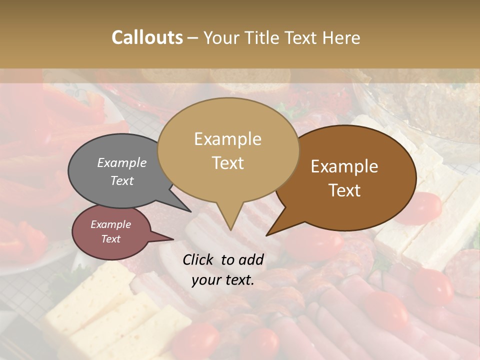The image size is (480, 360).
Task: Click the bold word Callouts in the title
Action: pyautogui.click(x=147, y=37)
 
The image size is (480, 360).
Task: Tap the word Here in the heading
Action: pyautogui.click(x=339, y=37)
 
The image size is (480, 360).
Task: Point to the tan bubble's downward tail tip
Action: pyautogui.click(x=230, y=229)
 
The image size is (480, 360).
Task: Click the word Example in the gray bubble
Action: pyautogui.click(x=121, y=163)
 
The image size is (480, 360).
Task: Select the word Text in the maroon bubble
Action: pyautogui.click(x=110, y=239)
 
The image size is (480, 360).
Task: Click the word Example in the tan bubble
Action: pyautogui.click(x=227, y=139)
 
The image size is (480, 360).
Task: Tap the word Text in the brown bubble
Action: pyautogui.click(x=344, y=190)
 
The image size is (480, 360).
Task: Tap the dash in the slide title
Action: pyautogui.click(x=193, y=38)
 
